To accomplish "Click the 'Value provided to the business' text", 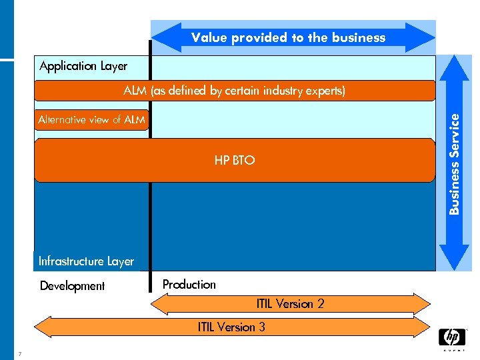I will pyautogui.click(x=288, y=38).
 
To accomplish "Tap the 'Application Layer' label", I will pyautogui.click(x=83, y=66).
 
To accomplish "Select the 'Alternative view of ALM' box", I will pyautogui.click(x=91, y=120).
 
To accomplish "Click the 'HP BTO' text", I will pyautogui.click(x=235, y=161).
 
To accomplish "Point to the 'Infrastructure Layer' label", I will pyautogui.click(x=86, y=261).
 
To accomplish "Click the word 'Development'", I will pyautogui.click(x=72, y=286).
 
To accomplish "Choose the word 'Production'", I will pyautogui.click(x=189, y=285).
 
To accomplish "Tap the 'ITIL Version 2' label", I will pyautogui.click(x=290, y=304).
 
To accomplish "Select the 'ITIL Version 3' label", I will pyautogui.click(x=231, y=327).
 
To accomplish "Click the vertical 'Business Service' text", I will pyautogui.click(x=454, y=163).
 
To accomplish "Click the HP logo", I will pyautogui.click(x=451, y=337).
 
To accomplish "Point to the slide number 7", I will pyautogui.click(x=21, y=354).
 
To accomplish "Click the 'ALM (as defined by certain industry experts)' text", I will pyautogui.click(x=235, y=91).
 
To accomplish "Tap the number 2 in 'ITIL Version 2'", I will pyautogui.click(x=320, y=304).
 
